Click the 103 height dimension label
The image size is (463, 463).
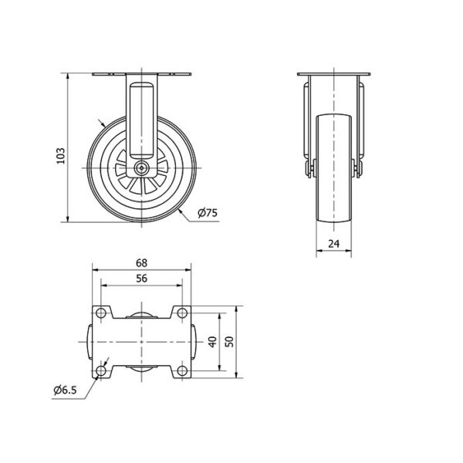[x=60, y=156]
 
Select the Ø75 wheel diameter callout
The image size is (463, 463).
[x=208, y=213]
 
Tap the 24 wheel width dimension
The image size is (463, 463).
[x=333, y=244]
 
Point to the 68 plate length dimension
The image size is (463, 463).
[x=141, y=263]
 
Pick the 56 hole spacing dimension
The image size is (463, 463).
[x=141, y=279]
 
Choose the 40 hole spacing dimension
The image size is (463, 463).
[x=213, y=342]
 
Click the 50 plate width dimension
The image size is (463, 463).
[x=229, y=342]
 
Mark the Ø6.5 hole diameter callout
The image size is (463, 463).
[x=65, y=390]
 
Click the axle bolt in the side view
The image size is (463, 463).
[x=142, y=168]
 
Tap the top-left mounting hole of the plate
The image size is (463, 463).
[x=101, y=313]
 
